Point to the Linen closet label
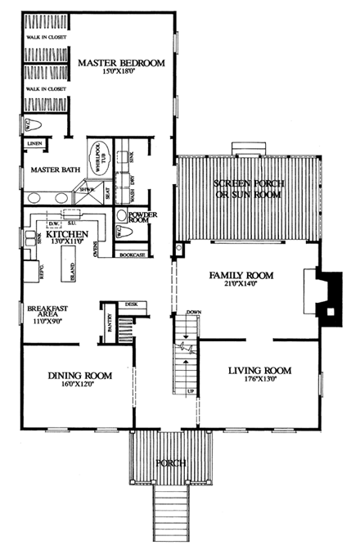[x=34, y=143]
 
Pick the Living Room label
[x=255, y=369]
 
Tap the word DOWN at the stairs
[x=194, y=313]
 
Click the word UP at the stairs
[x=191, y=391]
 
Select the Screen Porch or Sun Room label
[x=247, y=188]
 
